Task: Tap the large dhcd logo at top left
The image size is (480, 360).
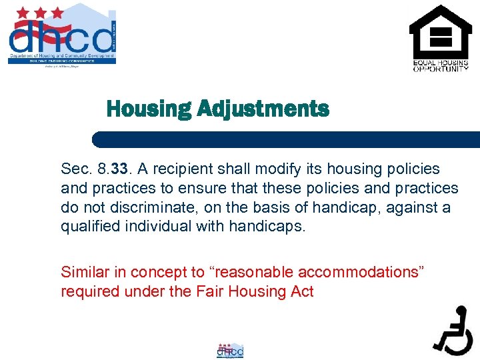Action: point(62,35)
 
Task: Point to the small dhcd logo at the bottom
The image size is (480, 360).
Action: point(230,350)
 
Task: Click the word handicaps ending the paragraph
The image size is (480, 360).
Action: point(266,227)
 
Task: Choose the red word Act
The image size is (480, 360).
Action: point(301,291)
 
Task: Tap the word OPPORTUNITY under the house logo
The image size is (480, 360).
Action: point(441,68)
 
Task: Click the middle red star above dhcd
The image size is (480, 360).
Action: point(41,13)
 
